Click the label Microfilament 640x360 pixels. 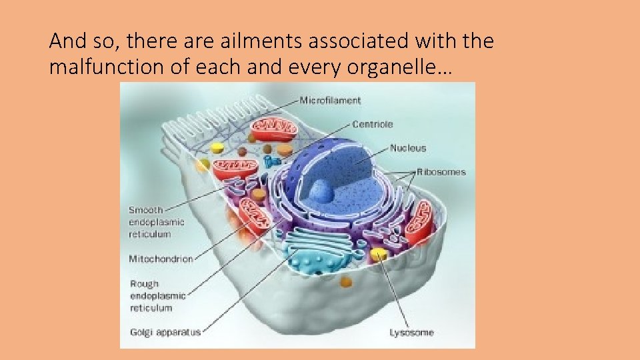pyautogui.click(x=330, y=101)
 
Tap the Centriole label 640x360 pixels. pyautogui.click(x=373, y=124)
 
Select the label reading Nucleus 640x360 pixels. pyautogui.click(x=407, y=148)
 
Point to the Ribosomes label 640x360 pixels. pyautogui.click(x=442, y=172)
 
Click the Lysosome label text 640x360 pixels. pyautogui.click(x=411, y=332)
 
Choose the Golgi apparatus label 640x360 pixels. pyautogui.click(x=165, y=331)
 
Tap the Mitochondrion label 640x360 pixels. pyautogui.click(x=161, y=259)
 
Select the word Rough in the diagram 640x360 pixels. pyautogui.click(x=145, y=284)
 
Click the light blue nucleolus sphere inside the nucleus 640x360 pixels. pyautogui.click(x=323, y=191)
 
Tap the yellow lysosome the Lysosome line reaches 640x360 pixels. pyautogui.click(x=379, y=255)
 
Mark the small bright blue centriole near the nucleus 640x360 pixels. pyautogui.click(x=270, y=162)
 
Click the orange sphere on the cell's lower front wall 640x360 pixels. pyautogui.click(x=345, y=282)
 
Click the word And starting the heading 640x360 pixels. pyautogui.click(x=65, y=42)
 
